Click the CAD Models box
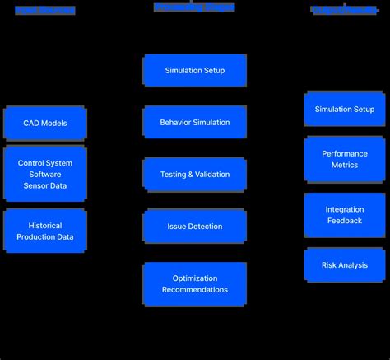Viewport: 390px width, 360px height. (45, 123)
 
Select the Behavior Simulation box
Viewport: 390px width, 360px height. (195, 122)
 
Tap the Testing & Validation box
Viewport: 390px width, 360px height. (195, 174)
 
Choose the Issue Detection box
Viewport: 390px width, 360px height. (195, 226)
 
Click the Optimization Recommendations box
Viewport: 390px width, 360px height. (195, 284)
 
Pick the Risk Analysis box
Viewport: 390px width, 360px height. (345, 265)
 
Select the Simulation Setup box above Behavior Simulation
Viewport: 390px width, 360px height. (195, 71)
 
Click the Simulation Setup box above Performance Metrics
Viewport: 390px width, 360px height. (345, 109)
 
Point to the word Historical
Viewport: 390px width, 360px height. (45, 226)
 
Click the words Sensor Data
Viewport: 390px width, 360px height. (45, 185)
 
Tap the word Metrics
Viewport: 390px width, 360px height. (345, 165)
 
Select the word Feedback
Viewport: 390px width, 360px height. (345, 221)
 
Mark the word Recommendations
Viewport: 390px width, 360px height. (195, 290)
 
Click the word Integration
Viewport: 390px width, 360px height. (345, 209)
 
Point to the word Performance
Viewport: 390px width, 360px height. (345, 153)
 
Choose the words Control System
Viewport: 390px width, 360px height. (45, 163)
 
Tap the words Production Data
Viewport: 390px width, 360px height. (45, 237)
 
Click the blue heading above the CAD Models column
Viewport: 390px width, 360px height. (45, 11)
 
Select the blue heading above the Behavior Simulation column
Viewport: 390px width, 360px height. (194, 7)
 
